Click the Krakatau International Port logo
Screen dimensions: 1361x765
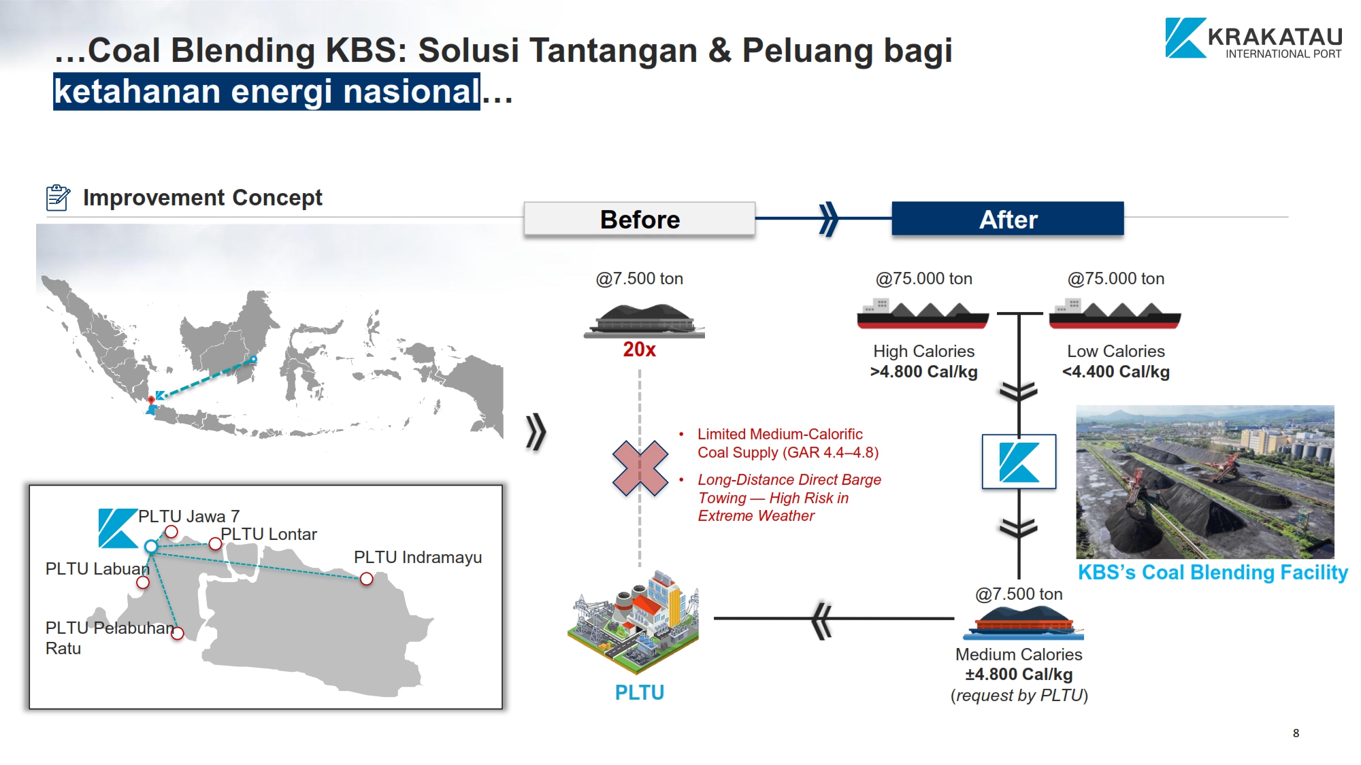click(x=1253, y=38)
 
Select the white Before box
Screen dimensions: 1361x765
click(x=640, y=219)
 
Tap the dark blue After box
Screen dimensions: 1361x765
click(x=1008, y=219)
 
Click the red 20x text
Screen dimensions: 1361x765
click(x=640, y=350)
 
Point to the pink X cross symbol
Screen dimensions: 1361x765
click(x=640, y=468)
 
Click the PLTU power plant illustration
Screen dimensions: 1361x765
click(x=634, y=622)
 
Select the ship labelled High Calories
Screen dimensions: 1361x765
click(x=923, y=313)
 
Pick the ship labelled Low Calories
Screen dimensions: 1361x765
click(x=1115, y=313)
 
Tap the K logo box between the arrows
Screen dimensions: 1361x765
click(x=1019, y=462)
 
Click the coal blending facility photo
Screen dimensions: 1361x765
click(x=1205, y=482)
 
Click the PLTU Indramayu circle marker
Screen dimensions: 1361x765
click(x=366, y=579)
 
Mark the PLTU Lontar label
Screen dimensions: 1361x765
click(x=269, y=534)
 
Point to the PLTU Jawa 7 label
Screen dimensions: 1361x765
click(x=188, y=517)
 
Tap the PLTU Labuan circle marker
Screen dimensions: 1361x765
click(x=143, y=582)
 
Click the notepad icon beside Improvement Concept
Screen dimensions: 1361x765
click(x=58, y=197)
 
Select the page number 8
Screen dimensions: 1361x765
click(x=1296, y=733)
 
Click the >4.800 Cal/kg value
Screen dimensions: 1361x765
click(x=923, y=372)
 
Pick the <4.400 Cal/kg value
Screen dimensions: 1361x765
click(x=1115, y=372)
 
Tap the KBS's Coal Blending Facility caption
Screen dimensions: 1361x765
click(x=1213, y=573)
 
